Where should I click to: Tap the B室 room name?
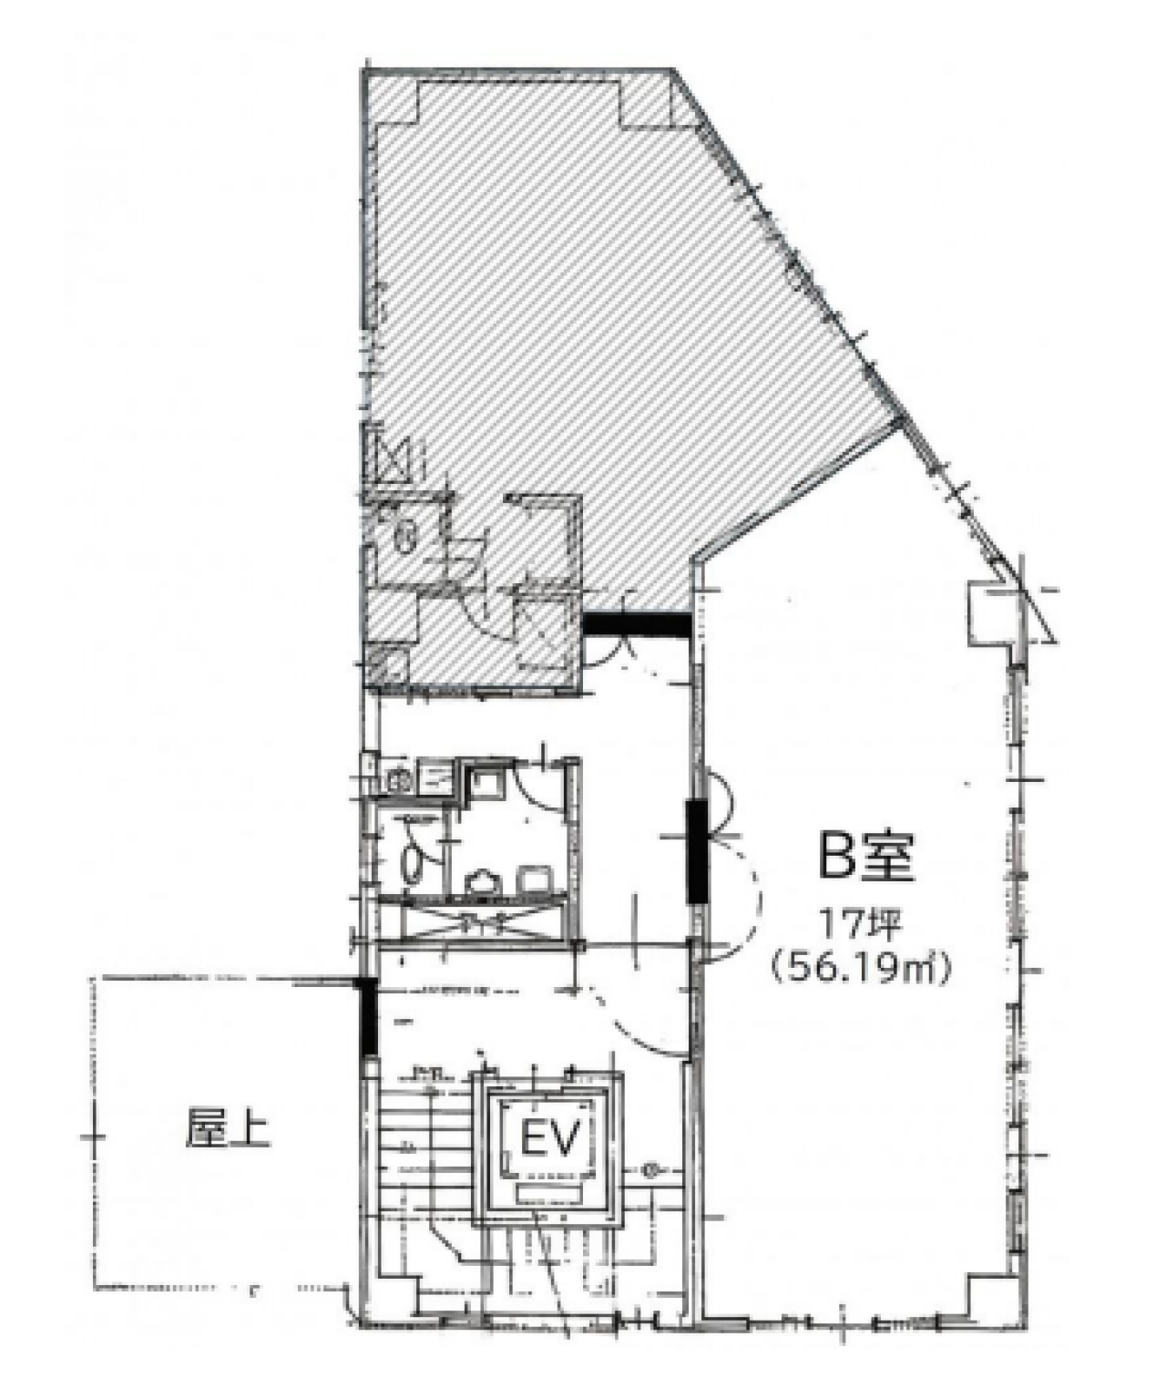[x=864, y=857]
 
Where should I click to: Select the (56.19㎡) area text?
[x=861, y=966]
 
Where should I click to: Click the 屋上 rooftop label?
[x=228, y=1128]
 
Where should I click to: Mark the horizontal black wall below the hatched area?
[x=635, y=624]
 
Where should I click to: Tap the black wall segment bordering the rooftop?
[x=366, y=1017]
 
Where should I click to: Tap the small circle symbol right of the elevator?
[x=650, y=1169]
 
